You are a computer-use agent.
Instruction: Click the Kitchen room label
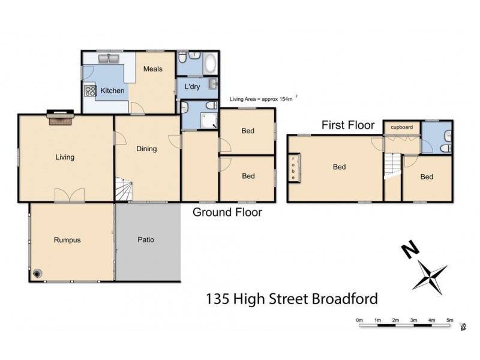(x=112, y=91)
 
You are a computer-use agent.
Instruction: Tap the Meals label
(x=153, y=68)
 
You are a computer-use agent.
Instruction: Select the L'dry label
(x=192, y=87)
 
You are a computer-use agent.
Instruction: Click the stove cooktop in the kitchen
(x=91, y=91)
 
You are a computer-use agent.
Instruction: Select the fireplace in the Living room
(x=60, y=118)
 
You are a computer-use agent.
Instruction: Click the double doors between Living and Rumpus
(x=65, y=196)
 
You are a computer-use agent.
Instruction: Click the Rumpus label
(x=67, y=240)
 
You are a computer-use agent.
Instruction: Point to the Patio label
(x=146, y=240)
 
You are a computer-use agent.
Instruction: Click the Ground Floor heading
(x=227, y=212)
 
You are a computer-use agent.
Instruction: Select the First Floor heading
(x=348, y=125)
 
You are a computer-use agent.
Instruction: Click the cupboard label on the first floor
(x=401, y=127)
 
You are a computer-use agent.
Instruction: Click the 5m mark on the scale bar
(x=450, y=320)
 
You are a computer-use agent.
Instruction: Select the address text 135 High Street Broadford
(x=292, y=297)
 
